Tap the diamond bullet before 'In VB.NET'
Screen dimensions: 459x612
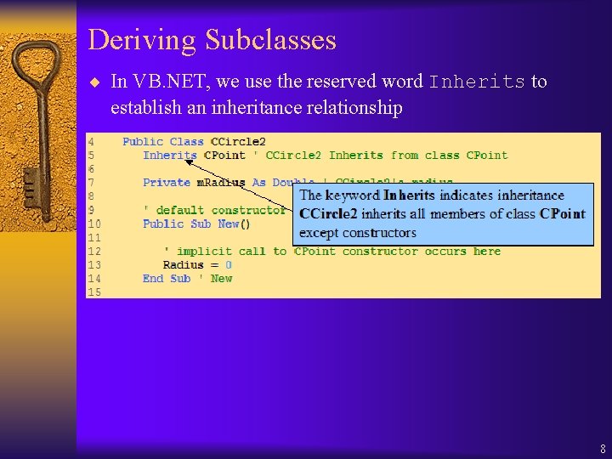94,82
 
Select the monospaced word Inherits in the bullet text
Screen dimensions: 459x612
477,82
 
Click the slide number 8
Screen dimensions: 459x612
603,449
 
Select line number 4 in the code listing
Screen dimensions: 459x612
91,142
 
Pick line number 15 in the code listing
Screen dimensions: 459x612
93,292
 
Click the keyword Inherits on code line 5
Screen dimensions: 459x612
170,156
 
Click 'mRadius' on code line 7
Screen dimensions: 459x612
221,183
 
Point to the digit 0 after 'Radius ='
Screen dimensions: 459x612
229,264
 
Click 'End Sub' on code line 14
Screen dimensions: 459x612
167,278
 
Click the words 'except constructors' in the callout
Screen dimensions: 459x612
358,232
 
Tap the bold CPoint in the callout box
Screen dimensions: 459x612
563,213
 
